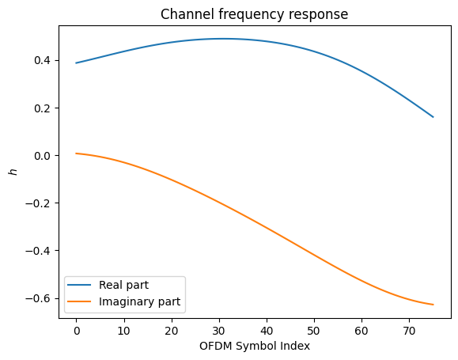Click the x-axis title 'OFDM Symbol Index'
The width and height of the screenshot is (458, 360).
(x=254, y=346)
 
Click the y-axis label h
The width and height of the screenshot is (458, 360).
(x=11, y=171)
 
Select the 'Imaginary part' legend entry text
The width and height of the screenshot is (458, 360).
(x=139, y=301)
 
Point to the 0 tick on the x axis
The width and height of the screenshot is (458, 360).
(x=76, y=331)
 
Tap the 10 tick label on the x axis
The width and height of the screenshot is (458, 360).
(x=123, y=331)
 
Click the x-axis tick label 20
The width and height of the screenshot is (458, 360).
(x=171, y=331)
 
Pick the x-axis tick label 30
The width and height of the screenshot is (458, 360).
(x=219, y=331)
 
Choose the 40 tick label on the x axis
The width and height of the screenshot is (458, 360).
(x=267, y=331)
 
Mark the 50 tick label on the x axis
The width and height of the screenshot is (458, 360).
(x=314, y=331)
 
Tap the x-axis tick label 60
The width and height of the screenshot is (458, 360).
(x=361, y=331)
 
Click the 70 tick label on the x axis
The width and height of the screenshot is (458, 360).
(x=409, y=331)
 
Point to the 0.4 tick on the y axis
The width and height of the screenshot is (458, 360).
(x=43, y=61)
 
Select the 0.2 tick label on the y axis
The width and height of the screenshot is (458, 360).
(x=43, y=108)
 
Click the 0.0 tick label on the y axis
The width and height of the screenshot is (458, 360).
(x=43, y=156)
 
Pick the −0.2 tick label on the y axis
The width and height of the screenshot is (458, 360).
(x=40, y=203)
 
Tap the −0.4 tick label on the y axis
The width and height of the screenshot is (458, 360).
(x=40, y=251)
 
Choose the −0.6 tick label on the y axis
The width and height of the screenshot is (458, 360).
(x=40, y=298)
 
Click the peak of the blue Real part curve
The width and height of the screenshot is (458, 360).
(x=224, y=38)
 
